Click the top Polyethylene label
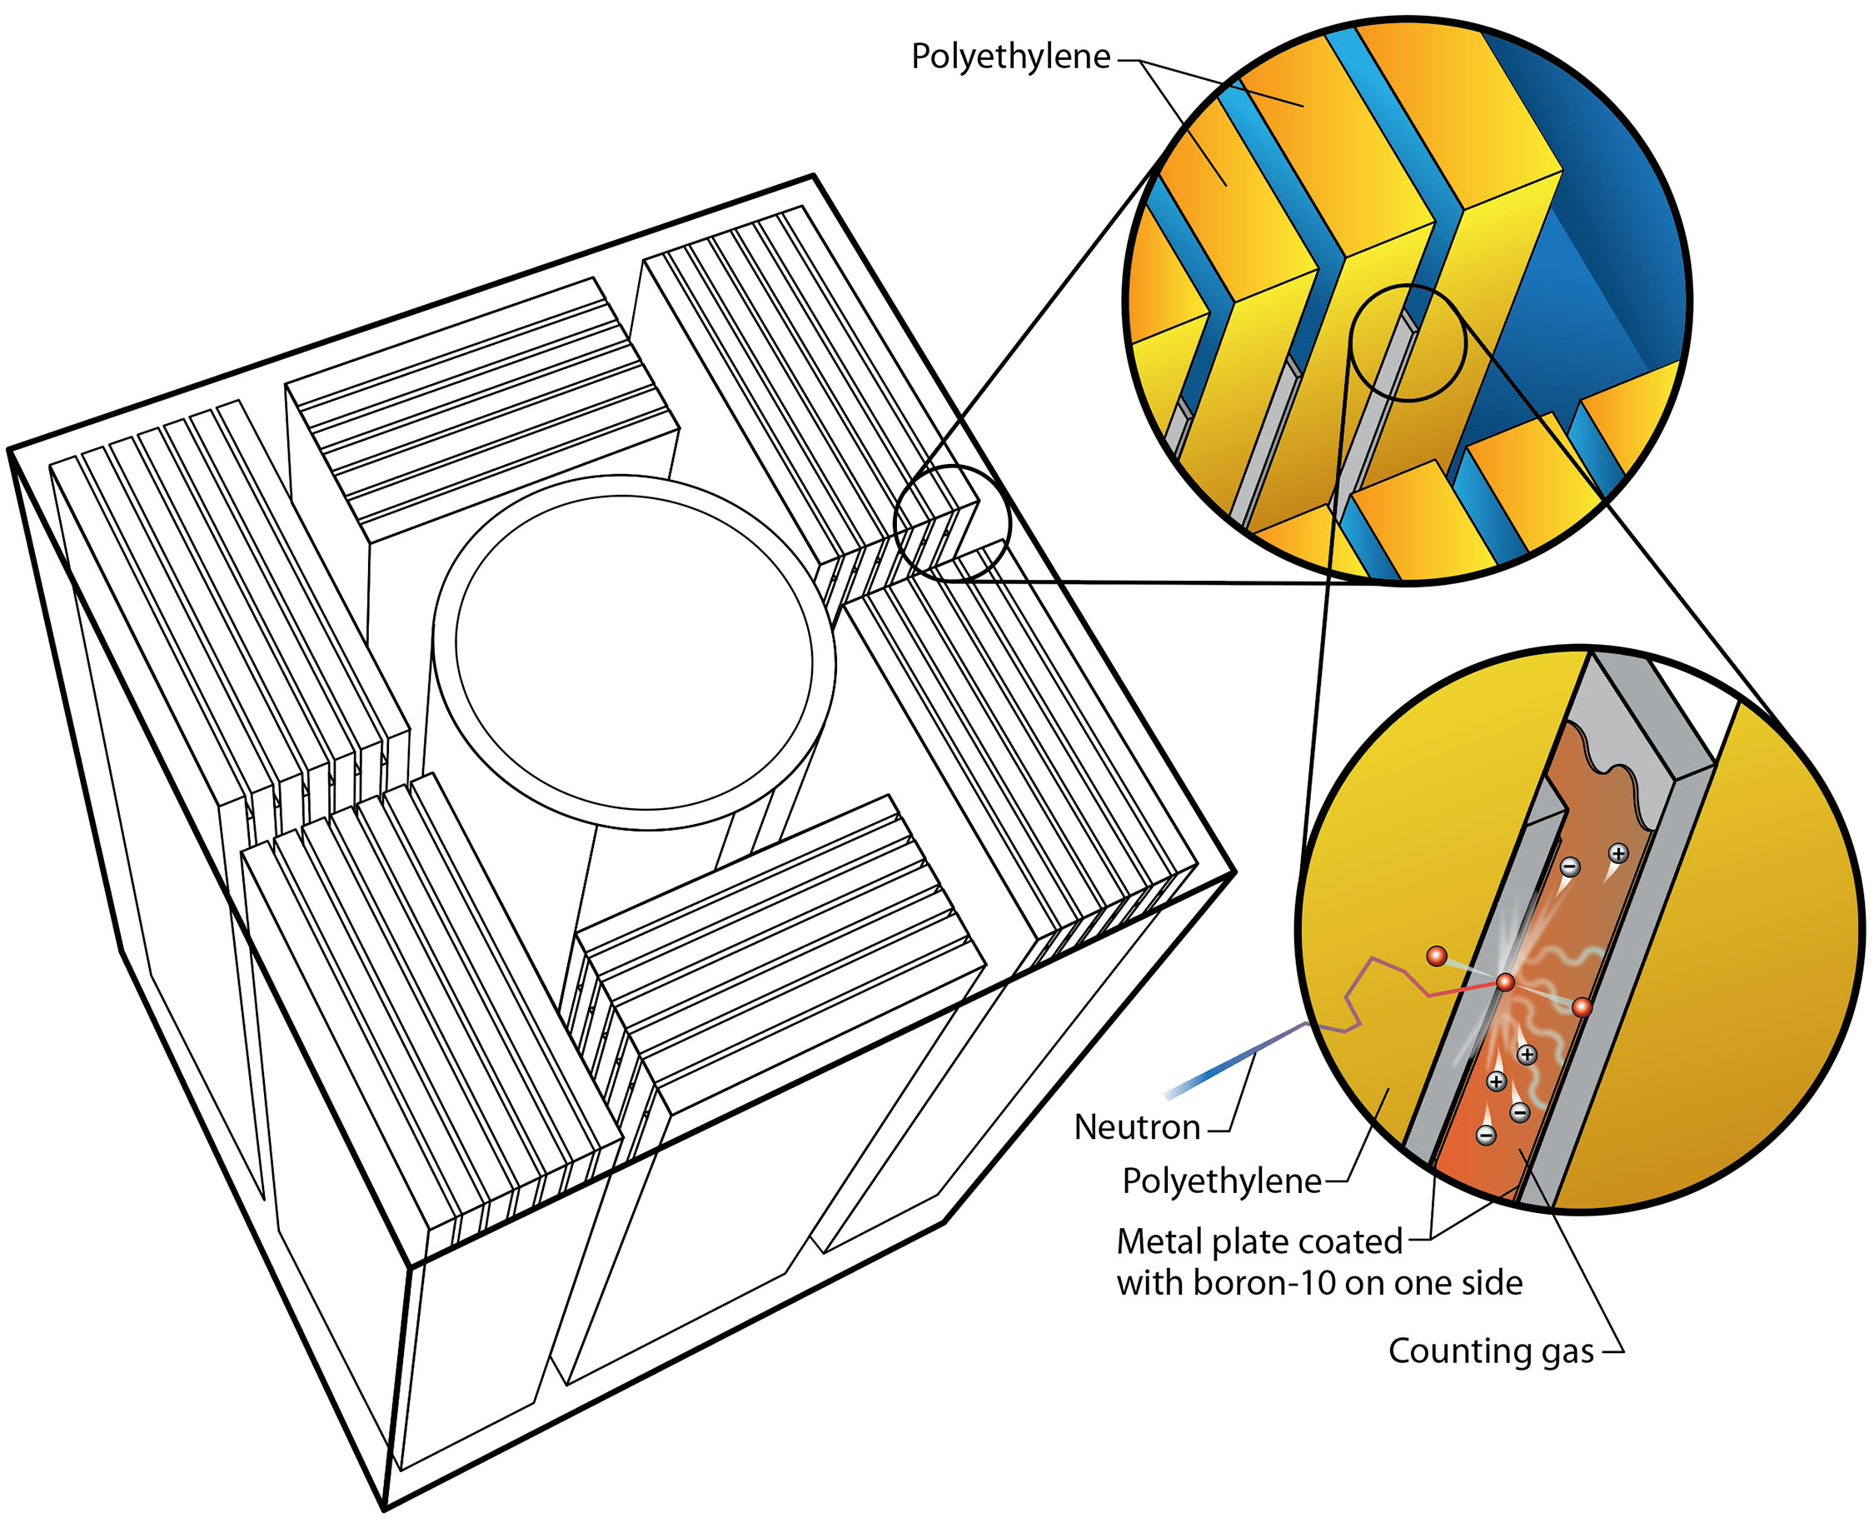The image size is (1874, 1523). coord(1010,57)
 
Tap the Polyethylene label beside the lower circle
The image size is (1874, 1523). coord(1222,1181)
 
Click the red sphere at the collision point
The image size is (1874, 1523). coord(1505,982)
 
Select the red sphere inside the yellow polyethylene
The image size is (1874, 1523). coord(1437,956)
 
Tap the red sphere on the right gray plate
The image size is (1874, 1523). coord(1581,1008)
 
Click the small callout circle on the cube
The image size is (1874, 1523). coord(952,524)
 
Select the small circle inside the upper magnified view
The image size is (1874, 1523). coord(1408,343)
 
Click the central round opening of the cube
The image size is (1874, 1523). coord(633,652)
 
